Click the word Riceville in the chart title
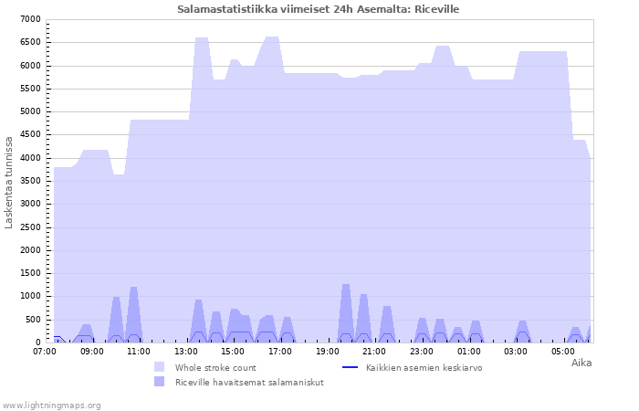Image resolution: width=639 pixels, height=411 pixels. tap(437, 9)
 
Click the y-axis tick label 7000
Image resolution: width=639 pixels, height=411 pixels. tap(30, 19)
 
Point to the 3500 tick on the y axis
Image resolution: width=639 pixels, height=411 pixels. tap(30, 181)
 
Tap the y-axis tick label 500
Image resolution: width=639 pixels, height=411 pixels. tap(33, 320)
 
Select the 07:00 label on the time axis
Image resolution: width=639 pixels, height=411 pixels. tap(45, 351)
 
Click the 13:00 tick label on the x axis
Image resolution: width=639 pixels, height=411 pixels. tap(186, 351)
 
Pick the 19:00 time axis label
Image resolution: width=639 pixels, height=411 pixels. tap(327, 351)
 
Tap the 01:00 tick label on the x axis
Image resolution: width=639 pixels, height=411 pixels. tap(468, 351)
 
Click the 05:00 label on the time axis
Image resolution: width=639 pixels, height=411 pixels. tap(563, 351)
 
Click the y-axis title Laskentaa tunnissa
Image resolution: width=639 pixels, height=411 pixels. tap(9, 183)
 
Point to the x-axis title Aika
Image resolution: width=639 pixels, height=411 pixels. tap(581, 363)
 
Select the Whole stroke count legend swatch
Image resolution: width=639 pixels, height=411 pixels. tap(160, 367)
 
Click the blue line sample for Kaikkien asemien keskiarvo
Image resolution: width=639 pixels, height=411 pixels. tap(350, 367)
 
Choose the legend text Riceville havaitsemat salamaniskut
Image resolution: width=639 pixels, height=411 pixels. tap(249, 383)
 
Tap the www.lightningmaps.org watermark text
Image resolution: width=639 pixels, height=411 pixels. tap(50, 406)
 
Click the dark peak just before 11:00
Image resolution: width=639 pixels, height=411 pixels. tap(133, 288)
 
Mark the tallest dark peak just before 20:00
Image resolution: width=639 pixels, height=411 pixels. tap(346, 285)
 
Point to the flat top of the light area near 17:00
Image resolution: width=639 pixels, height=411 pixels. tap(272, 37)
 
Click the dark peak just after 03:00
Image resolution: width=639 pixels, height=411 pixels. tap(522, 321)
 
